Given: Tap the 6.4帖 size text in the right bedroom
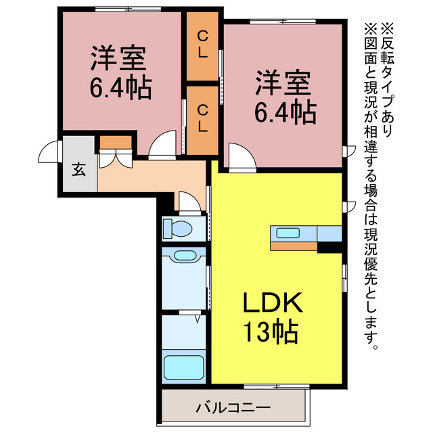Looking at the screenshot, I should pyautogui.click(x=285, y=111).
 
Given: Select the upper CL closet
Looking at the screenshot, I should pyautogui.click(x=202, y=45).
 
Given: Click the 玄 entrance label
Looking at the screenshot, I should pyautogui.click(x=79, y=169).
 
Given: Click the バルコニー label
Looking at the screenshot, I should pyautogui.click(x=233, y=408).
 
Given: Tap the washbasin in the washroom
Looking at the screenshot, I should pyautogui.click(x=183, y=256).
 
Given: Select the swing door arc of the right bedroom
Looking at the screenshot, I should pyautogui.click(x=240, y=157).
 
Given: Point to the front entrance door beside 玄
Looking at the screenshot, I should pyautogui.click(x=49, y=154).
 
